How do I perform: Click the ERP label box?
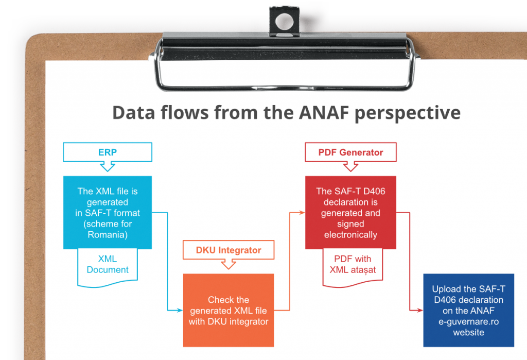[107, 152]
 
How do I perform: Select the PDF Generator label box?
[350, 152]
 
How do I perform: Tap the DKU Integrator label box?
[229, 250]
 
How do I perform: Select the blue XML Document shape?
[108, 265]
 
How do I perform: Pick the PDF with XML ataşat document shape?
[353, 265]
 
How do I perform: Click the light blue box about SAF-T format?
[108, 213]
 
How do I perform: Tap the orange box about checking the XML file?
[229, 310]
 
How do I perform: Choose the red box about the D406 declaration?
[350, 213]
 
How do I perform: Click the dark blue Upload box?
[468, 310]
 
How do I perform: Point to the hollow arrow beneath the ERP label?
[107, 166]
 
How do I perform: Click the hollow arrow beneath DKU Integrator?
[229, 265]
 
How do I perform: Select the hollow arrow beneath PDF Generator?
[350, 166]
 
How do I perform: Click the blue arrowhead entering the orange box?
[180, 310]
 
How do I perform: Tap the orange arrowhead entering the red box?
[302, 212]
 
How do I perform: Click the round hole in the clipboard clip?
[283, 22]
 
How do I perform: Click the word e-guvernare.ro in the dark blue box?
[468, 321]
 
